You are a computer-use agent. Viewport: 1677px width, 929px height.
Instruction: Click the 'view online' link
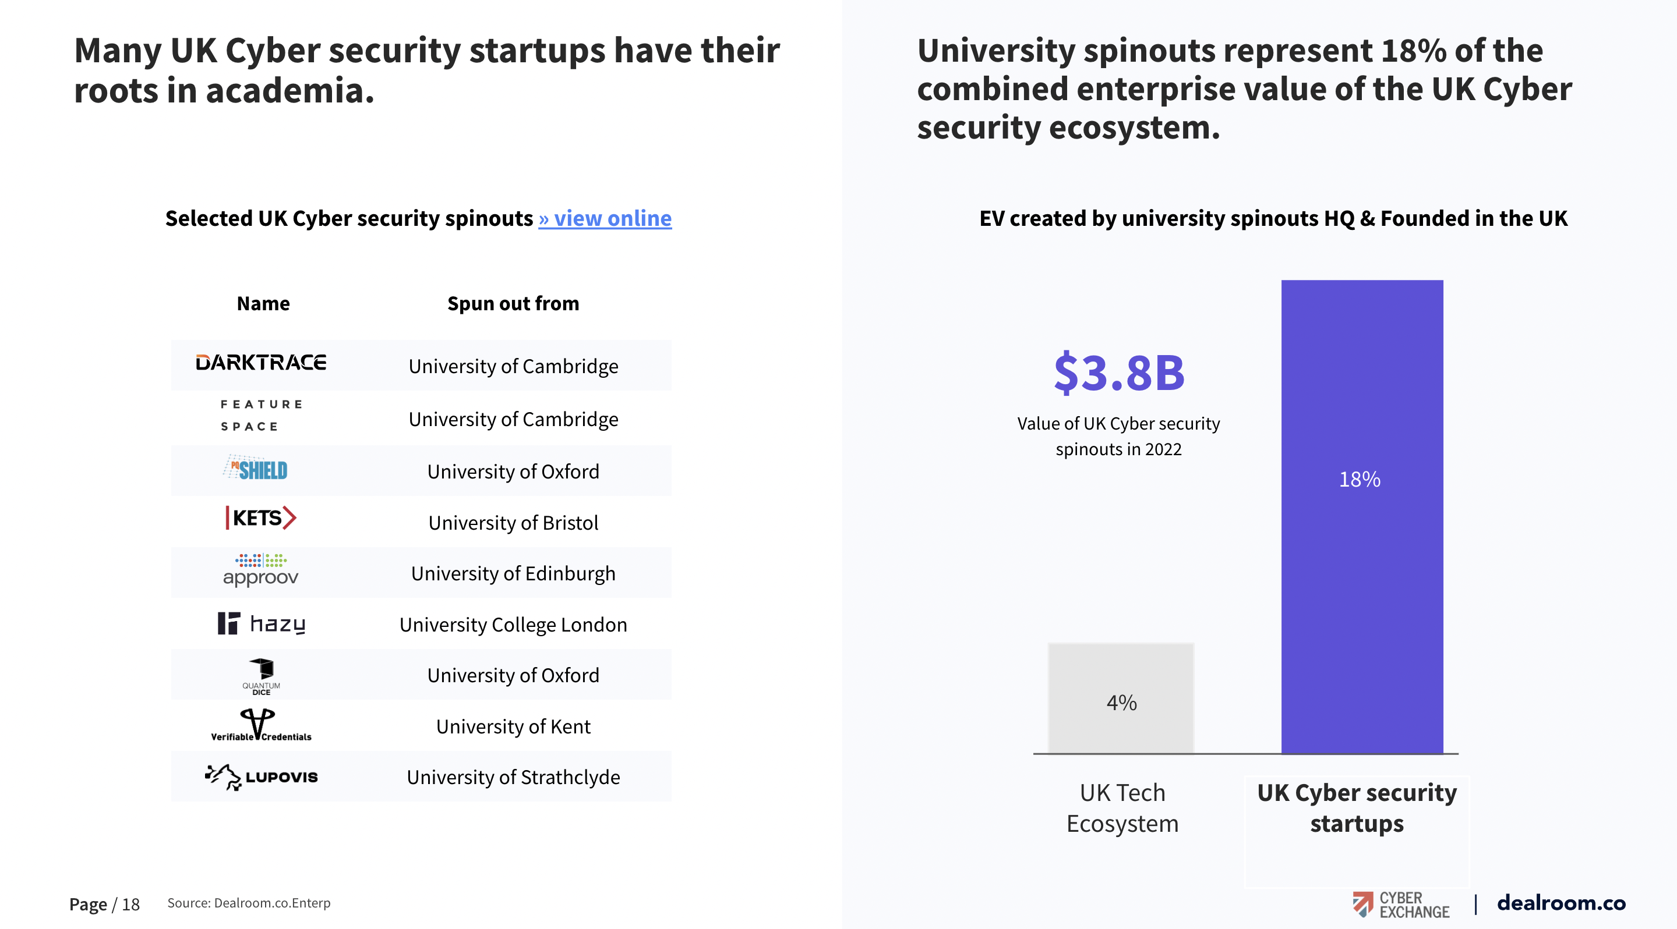[x=605, y=219]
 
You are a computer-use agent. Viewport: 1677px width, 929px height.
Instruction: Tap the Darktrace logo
[x=261, y=363]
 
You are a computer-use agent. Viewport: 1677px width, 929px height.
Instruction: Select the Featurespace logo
[x=261, y=416]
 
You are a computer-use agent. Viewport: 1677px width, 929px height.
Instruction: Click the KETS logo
[x=261, y=519]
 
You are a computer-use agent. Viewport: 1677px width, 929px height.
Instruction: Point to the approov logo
[x=261, y=571]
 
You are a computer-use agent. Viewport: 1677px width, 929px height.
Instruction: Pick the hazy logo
[x=261, y=624]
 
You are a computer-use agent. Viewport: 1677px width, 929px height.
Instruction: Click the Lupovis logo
[x=261, y=776]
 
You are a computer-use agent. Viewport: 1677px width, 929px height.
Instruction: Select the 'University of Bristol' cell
[x=513, y=523]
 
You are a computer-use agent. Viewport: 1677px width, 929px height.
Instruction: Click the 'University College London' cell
[x=513, y=625]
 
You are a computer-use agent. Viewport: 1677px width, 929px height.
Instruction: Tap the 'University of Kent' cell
[x=513, y=726]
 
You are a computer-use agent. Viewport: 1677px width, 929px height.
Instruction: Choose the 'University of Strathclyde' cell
[x=513, y=778]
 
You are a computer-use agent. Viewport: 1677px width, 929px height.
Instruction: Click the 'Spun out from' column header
[x=513, y=304]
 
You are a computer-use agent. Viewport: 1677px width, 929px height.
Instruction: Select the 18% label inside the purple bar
[x=1360, y=480]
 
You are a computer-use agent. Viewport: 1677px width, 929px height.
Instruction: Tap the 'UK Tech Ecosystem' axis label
[x=1122, y=808]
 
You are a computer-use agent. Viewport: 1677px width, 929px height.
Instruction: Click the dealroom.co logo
[x=1561, y=903]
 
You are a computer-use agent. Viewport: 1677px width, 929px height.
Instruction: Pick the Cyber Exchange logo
[x=1401, y=905]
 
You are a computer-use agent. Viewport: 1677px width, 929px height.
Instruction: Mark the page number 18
[x=131, y=905]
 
